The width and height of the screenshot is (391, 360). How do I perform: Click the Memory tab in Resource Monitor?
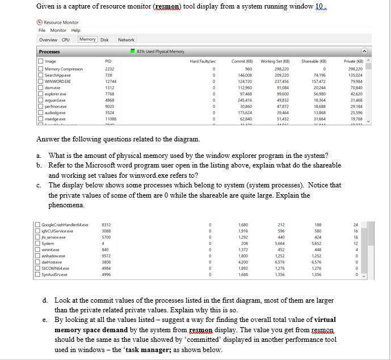coord(87,39)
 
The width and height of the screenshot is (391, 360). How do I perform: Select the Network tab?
coord(126,40)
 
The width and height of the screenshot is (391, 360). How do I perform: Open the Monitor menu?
coord(58,30)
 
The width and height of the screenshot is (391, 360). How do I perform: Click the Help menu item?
coord(75,30)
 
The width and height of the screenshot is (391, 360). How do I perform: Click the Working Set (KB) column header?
coord(275,61)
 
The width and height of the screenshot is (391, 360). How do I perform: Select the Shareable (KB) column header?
coord(313,61)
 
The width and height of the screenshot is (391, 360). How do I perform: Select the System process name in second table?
coord(49,244)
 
